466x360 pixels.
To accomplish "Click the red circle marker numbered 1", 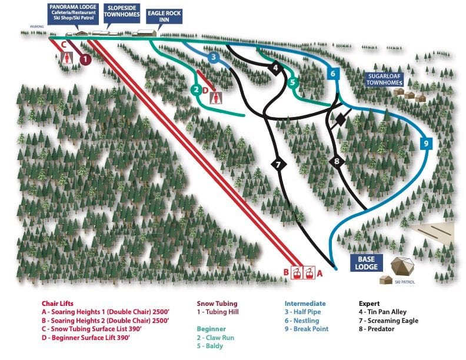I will click(85, 59).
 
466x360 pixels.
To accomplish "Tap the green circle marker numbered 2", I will click(196, 90).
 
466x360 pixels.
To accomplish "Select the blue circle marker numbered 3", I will click(214, 57).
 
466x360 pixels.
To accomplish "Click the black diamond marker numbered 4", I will click(275, 68).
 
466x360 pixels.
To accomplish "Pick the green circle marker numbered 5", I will click(292, 82).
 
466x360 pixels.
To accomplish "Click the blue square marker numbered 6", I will click(333, 74).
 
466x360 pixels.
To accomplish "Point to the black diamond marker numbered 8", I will click(337, 161).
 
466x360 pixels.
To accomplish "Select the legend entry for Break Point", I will click(306, 329).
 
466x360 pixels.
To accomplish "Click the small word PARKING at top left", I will click(38, 26).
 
